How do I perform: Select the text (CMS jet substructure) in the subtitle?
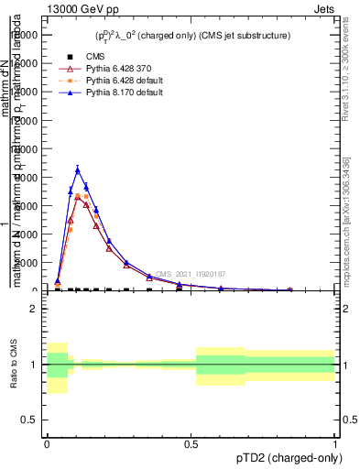(x=243, y=36)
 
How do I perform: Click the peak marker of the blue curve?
(x=78, y=169)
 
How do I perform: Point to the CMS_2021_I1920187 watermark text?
(x=191, y=274)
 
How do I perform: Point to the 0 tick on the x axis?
(x=47, y=444)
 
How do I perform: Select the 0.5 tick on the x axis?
(x=191, y=444)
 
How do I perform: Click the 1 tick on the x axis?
(x=335, y=444)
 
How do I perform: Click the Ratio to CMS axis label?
(x=14, y=364)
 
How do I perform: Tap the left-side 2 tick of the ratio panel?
(x=34, y=309)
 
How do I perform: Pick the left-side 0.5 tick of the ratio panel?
(x=31, y=420)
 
